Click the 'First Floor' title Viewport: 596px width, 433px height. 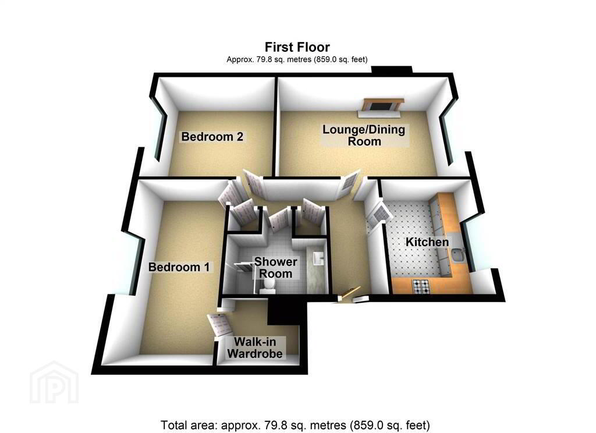point(297,47)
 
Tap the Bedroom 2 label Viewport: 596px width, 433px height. point(212,137)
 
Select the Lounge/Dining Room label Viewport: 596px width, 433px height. point(364,136)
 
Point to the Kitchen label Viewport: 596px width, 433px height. point(427,242)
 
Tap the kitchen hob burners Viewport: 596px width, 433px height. point(422,287)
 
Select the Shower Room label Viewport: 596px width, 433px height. point(275,268)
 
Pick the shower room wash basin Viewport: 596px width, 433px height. point(317,258)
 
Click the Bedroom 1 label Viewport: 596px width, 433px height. point(179,267)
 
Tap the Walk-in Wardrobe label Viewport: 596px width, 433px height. point(255,347)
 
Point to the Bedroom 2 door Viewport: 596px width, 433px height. point(254,183)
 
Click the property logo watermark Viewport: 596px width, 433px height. point(54,382)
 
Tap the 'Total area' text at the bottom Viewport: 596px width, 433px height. point(295,425)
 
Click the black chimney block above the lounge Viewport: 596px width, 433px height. point(392,70)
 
